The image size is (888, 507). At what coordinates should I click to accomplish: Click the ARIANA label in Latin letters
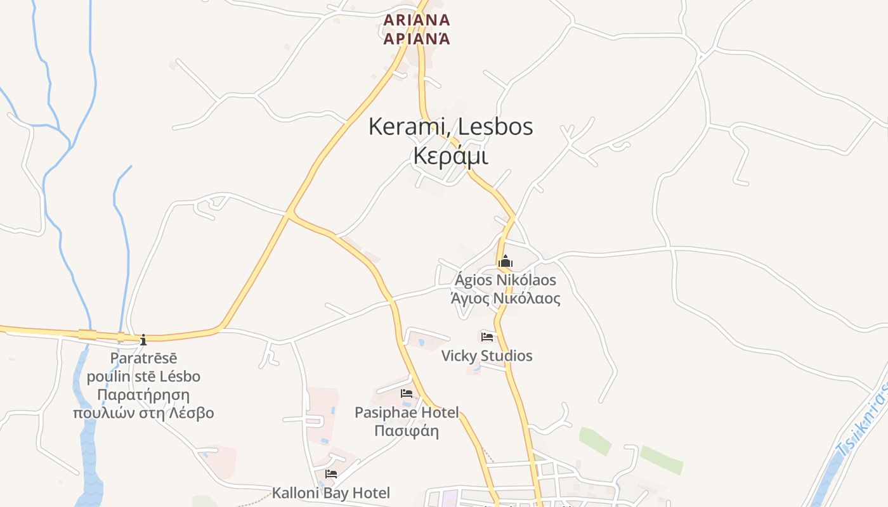[x=417, y=20]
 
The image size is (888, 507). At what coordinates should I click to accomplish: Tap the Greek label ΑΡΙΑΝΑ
[x=417, y=39]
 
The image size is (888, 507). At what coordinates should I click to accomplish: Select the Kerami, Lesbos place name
[x=450, y=127]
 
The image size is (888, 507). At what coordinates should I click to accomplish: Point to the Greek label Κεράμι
[x=450, y=156]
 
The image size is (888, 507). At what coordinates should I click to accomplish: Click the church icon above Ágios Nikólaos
[x=506, y=261]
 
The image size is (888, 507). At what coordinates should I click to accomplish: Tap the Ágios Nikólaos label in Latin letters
[x=506, y=280]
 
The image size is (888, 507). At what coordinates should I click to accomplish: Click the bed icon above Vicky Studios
[x=487, y=337]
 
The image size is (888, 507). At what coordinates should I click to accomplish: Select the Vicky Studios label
[x=487, y=356]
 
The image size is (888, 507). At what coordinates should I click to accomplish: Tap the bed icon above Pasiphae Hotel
[x=407, y=394]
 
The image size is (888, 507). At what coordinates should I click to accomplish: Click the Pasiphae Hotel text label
[x=407, y=413]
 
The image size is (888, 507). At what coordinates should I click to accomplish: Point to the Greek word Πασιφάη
[x=407, y=431]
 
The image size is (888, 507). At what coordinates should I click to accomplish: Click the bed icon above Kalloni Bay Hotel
[x=331, y=473]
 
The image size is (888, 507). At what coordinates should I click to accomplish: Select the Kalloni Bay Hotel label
[x=331, y=492]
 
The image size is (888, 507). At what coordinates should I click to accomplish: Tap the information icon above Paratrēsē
[x=143, y=339]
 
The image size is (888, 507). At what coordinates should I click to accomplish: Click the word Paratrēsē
[x=143, y=358]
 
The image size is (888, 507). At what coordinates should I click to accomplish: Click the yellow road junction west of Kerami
[x=288, y=216]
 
